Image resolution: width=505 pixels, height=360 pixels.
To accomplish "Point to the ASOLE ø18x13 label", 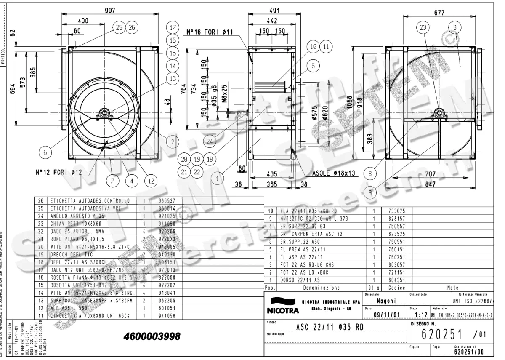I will [x=333, y=173].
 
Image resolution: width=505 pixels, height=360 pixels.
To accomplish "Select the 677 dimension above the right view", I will [x=439, y=13].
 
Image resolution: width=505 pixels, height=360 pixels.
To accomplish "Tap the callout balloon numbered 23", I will [x=423, y=28].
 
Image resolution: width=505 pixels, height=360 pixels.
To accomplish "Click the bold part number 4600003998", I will [x=152, y=337].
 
